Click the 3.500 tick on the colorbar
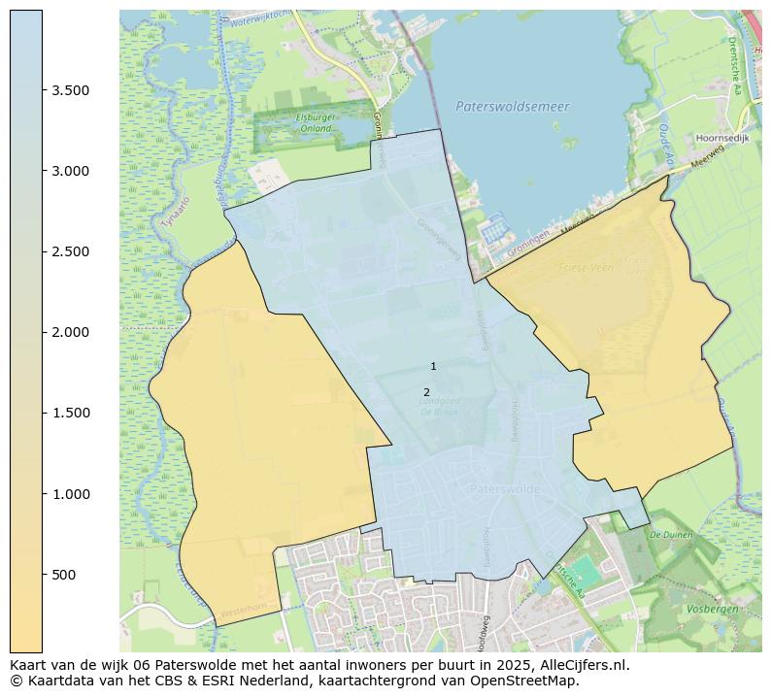(x=71, y=90)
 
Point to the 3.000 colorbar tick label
(x=71, y=171)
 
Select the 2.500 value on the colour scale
(x=71, y=251)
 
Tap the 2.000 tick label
(x=71, y=332)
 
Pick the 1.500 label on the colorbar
(x=71, y=413)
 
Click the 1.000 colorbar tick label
(x=71, y=493)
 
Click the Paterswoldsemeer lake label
(x=512, y=107)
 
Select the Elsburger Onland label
(x=315, y=123)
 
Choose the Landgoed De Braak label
(x=439, y=406)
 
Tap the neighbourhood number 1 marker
(x=433, y=366)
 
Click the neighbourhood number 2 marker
(x=426, y=392)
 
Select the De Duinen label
(x=669, y=535)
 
